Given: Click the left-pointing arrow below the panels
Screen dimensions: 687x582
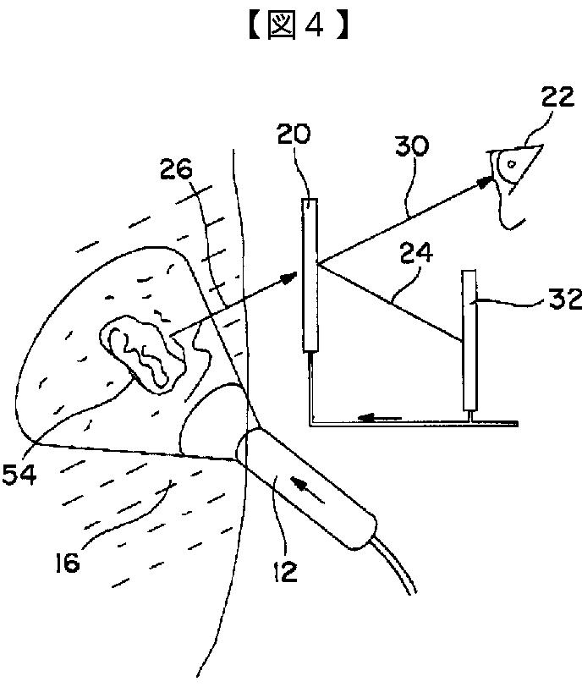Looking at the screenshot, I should point(380,415).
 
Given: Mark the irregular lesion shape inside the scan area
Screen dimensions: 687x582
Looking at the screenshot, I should point(144,351).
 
